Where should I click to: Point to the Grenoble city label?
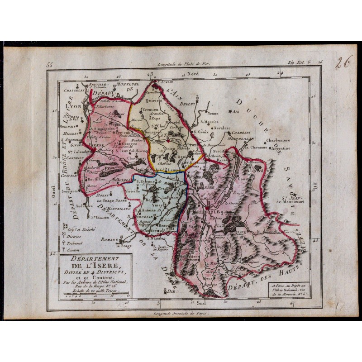click(x=207, y=212)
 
